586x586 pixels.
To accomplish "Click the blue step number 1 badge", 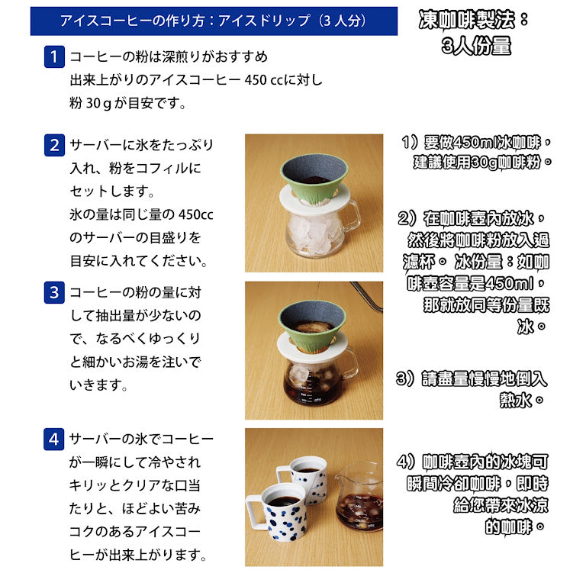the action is (54, 56).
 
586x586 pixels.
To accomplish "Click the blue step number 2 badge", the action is (54, 145).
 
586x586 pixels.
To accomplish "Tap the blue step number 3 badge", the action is (54, 292).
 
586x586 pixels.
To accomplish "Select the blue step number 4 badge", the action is (54, 439).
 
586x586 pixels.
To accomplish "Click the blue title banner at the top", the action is (214, 21).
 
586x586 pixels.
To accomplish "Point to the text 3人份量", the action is (476, 47).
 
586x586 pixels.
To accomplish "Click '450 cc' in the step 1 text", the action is (264, 80).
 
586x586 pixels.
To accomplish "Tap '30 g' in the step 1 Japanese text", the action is (98, 104).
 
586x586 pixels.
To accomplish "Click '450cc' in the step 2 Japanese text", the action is (195, 215).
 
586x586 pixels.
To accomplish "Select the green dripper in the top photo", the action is (314, 179).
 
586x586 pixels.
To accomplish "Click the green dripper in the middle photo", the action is (312, 326).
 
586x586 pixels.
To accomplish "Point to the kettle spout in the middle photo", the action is (367, 296).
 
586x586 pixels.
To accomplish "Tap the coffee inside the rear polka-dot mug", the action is (307, 470).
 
